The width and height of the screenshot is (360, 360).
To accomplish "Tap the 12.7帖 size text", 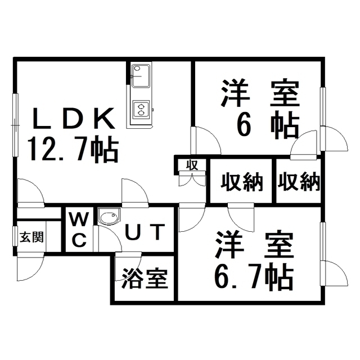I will (x=73, y=150).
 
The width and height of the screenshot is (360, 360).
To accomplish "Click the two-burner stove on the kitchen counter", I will (x=139, y=108).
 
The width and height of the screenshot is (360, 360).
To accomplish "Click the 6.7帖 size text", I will (x=253, y=275).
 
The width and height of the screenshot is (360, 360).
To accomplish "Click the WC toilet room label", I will (x=79, y=229).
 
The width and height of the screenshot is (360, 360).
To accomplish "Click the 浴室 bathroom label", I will (x=145, y=278).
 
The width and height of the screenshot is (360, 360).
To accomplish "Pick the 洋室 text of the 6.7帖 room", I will (x=253, y=245).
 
